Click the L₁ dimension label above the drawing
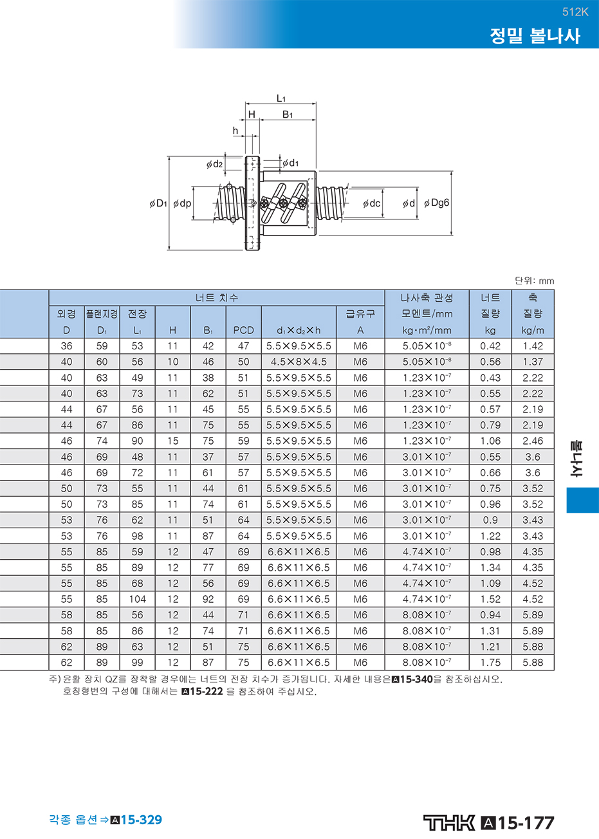[x=281, y=98]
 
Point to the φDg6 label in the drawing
[x=436, y=203]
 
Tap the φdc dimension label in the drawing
[x=371, y=203]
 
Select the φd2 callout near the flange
[x=214, y=164]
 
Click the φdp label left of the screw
[x=182, y=203]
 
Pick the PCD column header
[x=243, y=330]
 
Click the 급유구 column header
[x=360, y=313]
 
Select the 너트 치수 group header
[x=217, y=298]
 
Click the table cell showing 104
[x=138, y=599]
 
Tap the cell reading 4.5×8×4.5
[x=299, y=362]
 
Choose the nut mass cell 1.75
[x=490, y=662]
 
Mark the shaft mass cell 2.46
[x=533, y=441]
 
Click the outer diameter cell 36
[x=66, y=346]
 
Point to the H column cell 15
[x=172, y=441]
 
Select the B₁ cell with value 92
[x=208, y=599]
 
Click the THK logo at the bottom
[x=449, y=822]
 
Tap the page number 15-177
[x=526, y=823]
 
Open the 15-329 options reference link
[x=142, y=820]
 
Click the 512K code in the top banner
[x=575, y=12]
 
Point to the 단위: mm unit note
[x=535, y=281]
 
